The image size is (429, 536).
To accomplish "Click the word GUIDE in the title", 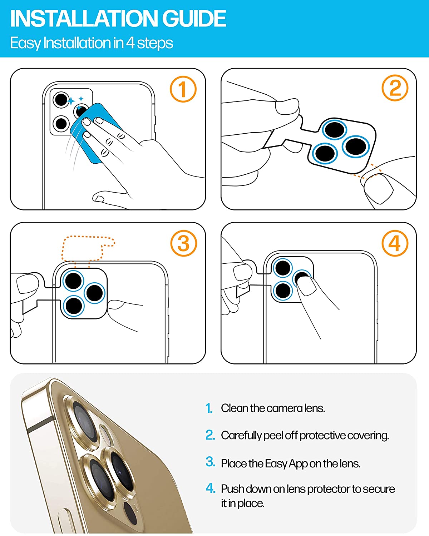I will [x=194, y=19].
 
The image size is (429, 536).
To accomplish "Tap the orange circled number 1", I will [x=183, y=89].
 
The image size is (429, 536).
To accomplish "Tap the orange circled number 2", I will [x=395, y=88].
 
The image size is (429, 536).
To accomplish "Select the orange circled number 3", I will [x=183, y=244].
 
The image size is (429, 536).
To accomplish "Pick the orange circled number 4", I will [x=395, y=243].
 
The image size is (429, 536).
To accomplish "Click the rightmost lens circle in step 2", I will [x=355, y=147].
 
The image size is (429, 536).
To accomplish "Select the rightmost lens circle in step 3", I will [x=95, y=293].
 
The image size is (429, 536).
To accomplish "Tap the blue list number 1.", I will [x=209, y=408].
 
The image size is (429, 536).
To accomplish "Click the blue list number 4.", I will [x=210, y=488].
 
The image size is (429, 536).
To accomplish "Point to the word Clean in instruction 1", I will [x=234, y=408].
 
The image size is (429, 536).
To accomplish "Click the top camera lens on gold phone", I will [x=82, y=418].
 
